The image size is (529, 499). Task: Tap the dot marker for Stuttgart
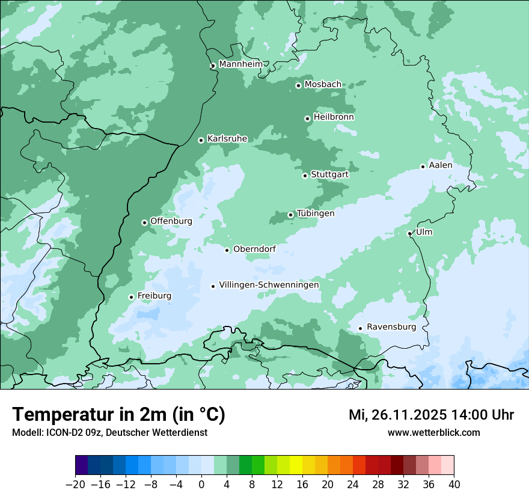[305, 176]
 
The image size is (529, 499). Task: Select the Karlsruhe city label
[227, 139]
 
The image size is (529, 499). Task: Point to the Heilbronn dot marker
[307, 118]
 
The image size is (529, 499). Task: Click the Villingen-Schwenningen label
[269, 285]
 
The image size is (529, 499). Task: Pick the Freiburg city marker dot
[131, 297]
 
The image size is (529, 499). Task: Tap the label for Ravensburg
[391, 327]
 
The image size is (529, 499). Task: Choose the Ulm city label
[424, 232]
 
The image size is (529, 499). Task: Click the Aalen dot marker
[423, 167]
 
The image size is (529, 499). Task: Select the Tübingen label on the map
[316, 213]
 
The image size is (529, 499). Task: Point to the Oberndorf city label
[254, 249]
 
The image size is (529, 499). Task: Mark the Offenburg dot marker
[144, 222]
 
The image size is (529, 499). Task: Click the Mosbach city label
[323, 85]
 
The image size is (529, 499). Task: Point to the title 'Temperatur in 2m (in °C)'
[118, 415]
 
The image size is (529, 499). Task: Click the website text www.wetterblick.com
[433, 432]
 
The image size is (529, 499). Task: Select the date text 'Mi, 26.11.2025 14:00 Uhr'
[431, 415]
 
